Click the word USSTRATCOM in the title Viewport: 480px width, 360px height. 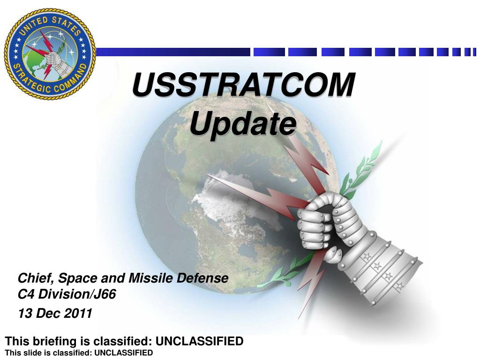click(x=243, y=86)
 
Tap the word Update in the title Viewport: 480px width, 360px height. click(x=243, y=124)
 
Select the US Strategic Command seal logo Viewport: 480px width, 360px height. click(x=50, y=53)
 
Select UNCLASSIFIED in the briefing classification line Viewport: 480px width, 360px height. click(x=199, y=341)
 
